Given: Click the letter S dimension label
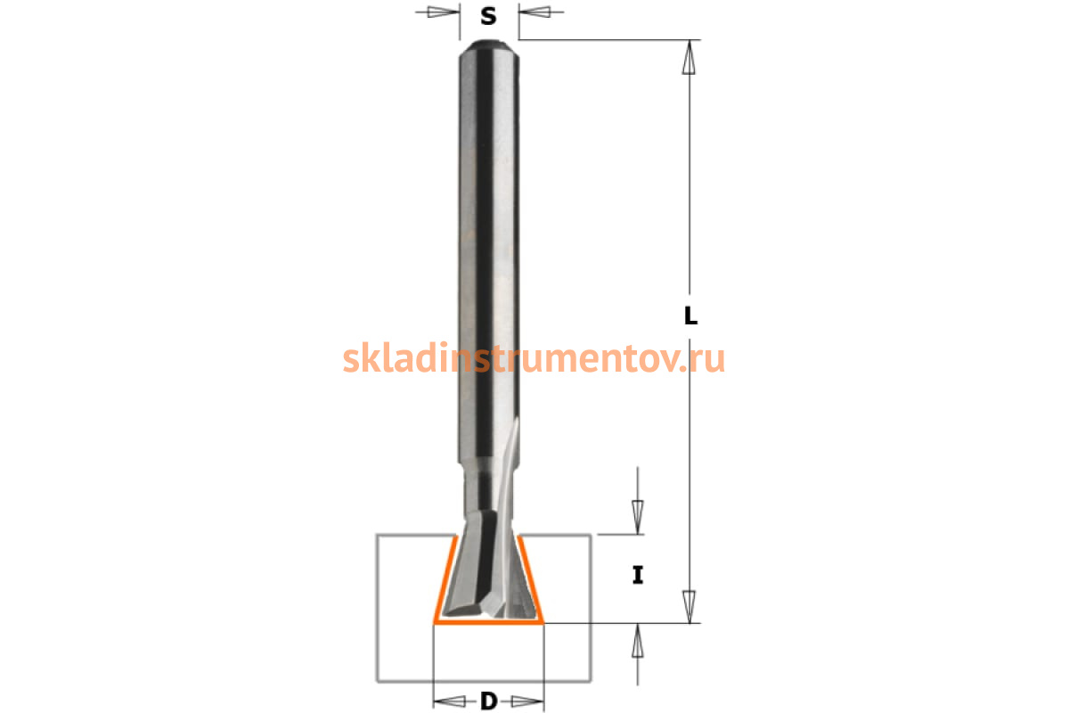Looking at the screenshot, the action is [488, 17].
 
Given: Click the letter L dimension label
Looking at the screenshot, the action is [690, 316].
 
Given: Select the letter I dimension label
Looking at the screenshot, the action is [638, 575].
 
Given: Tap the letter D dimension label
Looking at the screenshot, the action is [489, 701].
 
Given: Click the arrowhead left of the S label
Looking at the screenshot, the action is [444, 12].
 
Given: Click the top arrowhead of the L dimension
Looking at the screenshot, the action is [689, 57].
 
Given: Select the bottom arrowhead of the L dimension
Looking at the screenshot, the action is [689, 607].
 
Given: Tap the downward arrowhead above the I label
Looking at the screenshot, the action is [638, 517].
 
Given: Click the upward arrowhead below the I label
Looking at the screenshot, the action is [638, 641].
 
